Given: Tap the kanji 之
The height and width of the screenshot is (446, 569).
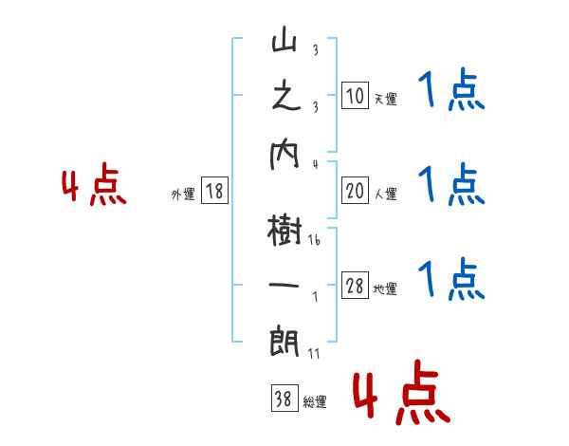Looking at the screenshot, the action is coord(284,98).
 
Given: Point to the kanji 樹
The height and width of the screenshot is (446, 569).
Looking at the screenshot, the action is coord(284,231).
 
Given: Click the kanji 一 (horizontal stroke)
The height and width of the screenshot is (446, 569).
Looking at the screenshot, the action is coord(284,284).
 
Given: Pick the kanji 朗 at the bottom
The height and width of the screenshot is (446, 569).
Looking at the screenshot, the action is coord(284,339).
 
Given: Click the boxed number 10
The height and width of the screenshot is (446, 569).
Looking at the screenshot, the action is coord(355,97).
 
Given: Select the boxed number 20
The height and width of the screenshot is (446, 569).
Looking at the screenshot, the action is coord(355,192).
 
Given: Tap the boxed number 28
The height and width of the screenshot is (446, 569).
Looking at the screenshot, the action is coord(355,287).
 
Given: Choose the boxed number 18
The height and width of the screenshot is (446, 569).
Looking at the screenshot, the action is coord(214,192).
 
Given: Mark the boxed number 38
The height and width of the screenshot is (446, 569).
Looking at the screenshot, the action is coord(283,400).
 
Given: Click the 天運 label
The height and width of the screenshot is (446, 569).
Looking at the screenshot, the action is coord(385,99).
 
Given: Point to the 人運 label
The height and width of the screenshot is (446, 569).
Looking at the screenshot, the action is coord(385,195).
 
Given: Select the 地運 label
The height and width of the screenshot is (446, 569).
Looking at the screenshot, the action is coord(385,289).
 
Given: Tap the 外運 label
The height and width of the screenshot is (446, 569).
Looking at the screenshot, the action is coord(183,195).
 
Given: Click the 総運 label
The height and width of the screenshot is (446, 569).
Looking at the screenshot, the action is coord(314,402).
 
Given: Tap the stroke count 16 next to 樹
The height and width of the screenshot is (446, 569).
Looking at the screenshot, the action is coord(314,242).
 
